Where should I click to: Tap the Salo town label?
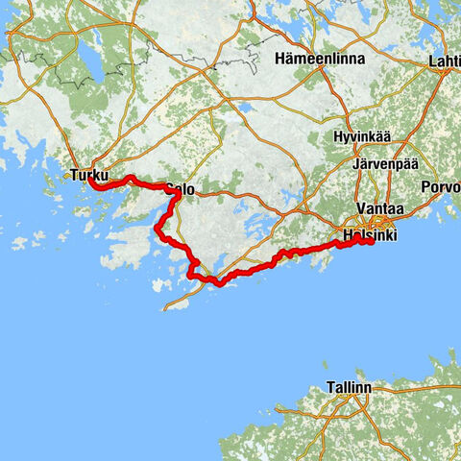coord(181,190)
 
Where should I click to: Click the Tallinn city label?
coord(349,388)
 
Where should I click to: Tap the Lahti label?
coord(445,61)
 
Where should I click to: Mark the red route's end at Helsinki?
coord(370,241)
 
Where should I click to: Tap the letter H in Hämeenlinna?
coord(279,59)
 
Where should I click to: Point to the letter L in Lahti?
coord(433,61)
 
